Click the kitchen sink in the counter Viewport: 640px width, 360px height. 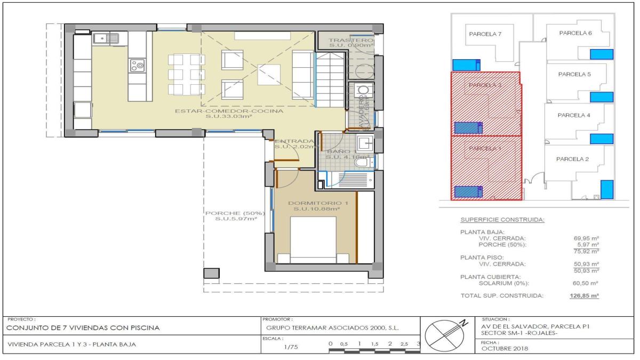pos(106,38)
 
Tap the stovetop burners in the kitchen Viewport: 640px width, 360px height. pos(137,66)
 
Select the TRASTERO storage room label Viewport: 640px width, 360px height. pos(350,41)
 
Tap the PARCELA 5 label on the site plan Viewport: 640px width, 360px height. pos(574,74)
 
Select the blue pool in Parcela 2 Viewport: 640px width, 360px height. pos(606,189)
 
